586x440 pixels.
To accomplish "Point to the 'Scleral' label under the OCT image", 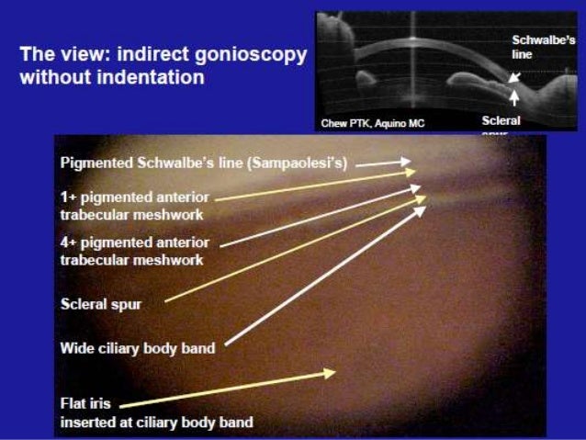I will (501, 119).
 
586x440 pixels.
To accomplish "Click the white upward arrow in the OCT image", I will (514, 95).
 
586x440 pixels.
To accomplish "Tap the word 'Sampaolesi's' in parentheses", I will (307, 162).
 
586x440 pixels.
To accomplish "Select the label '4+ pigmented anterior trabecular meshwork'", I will (134, 251).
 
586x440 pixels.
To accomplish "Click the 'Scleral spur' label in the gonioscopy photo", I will (100, 304).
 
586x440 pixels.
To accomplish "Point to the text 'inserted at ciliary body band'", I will (156, 423).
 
